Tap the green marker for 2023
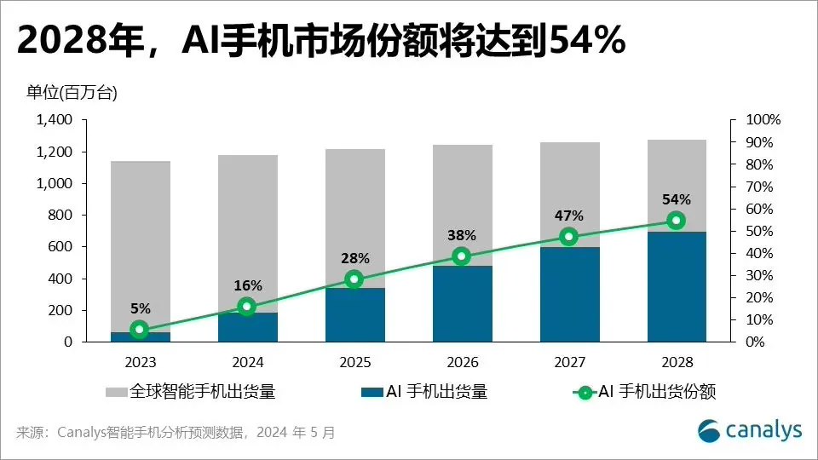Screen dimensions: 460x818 [140, 329]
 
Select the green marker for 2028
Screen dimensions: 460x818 [676, 221]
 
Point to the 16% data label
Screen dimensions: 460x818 [248, 285]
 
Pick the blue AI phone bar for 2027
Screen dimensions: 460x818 [568, 295]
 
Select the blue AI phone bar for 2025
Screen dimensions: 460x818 [354, 315]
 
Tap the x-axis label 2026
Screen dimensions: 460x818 [461, 361]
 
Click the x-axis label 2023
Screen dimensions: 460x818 [140, 361]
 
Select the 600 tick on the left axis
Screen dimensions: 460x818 [62, 247]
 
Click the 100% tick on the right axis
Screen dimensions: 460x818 [763, 120]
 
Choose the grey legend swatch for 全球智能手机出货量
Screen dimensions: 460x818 [117, 393]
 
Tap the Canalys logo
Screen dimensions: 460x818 [750, 431]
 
